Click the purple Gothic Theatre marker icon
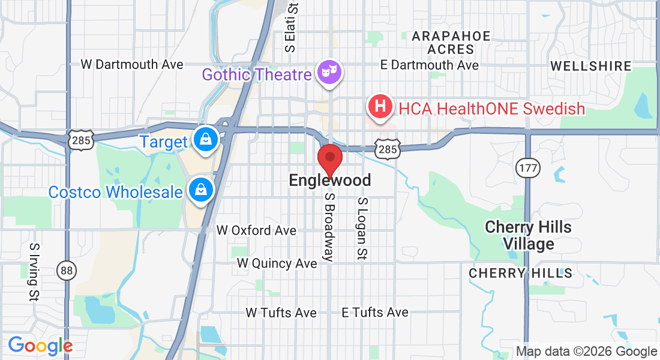(x=329, y=73)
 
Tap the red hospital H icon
(x=380, y=107)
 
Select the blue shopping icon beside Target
(x=206, y=139)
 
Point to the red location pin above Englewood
(x=329, y=159)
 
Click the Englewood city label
(x=329, y=180)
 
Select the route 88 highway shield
(x=67, y=271)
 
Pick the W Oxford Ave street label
(x=256, y=230)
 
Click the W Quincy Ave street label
(x=277, y=263)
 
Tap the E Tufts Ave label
(x=375, y=313)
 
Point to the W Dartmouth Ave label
(x=132, y=64)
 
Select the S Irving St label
(x=34, y=271)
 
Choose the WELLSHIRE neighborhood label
(x=590, y=66)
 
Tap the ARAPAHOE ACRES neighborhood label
(x=451, y=43)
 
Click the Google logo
(x=40, y=346)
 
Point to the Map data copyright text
(x=586, y=352)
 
